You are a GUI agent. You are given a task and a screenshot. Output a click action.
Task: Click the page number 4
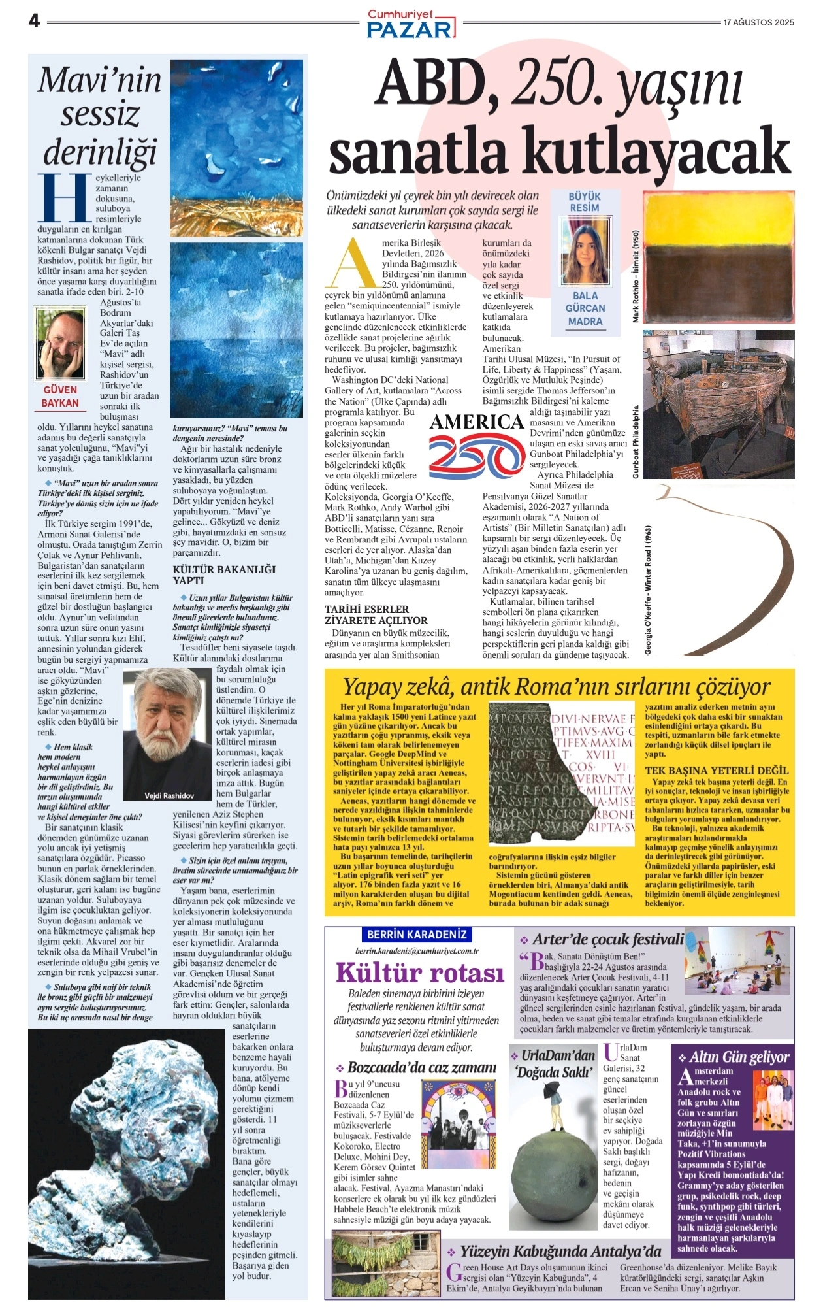(35, 21)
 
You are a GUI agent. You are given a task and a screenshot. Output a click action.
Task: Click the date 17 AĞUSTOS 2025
(758, 22)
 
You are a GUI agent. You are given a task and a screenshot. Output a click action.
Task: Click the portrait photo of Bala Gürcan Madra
(585, 250)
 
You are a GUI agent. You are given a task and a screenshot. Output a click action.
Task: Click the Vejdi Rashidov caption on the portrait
(169, 795)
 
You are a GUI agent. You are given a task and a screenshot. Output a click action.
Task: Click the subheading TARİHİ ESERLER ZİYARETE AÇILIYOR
(376, 615)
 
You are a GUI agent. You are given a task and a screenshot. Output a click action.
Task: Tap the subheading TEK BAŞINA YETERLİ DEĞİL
(717, 771)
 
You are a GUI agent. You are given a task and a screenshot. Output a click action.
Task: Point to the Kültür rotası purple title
(420, 972)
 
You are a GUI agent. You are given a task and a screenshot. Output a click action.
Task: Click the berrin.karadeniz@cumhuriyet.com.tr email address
(417, 951)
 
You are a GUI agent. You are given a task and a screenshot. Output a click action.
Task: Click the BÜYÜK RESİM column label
(585, 201)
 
